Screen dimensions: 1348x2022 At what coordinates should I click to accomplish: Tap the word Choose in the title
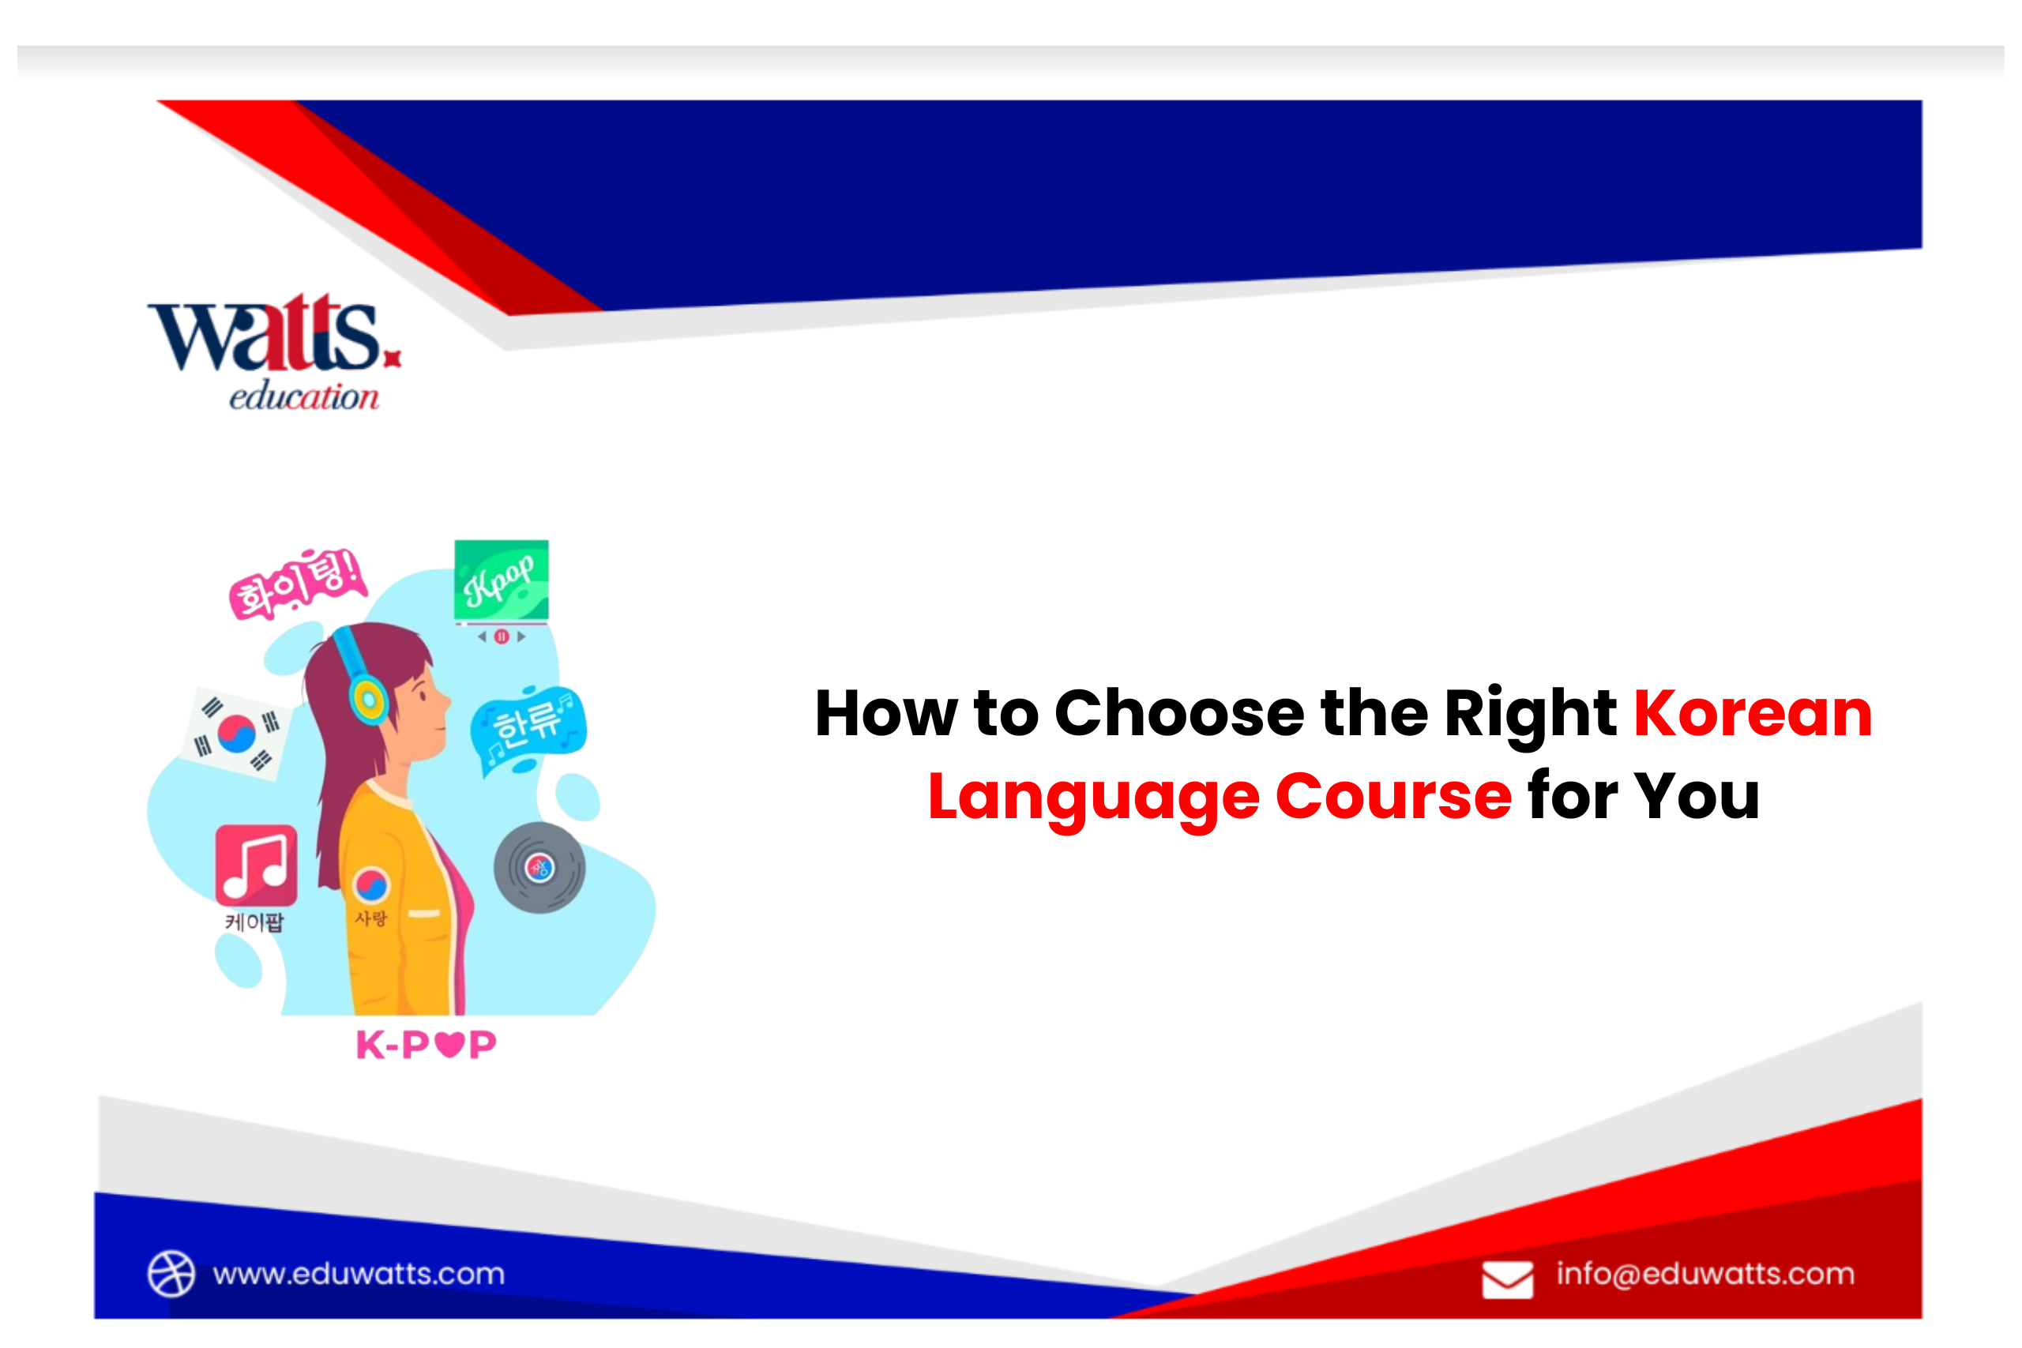click(1178, 714)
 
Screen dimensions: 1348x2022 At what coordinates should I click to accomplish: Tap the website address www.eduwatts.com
click(359, 1274)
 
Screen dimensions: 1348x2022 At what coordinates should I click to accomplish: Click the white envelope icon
click(1507, 1280)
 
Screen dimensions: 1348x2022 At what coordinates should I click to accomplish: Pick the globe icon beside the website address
click(171, 1273)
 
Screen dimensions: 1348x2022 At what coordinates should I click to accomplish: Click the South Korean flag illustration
click(236, 734)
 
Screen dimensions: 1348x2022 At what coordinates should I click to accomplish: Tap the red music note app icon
click(256, 865)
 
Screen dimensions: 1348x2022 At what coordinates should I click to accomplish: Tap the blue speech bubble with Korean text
click(528, 727)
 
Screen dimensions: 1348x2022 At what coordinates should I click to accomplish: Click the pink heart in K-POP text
click(449, 1045)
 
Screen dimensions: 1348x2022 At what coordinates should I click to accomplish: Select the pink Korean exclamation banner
click(298, 584)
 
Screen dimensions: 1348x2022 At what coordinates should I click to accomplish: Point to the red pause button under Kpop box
click(502, 636)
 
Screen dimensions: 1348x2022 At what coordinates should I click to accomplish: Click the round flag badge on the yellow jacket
click(371, 885)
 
